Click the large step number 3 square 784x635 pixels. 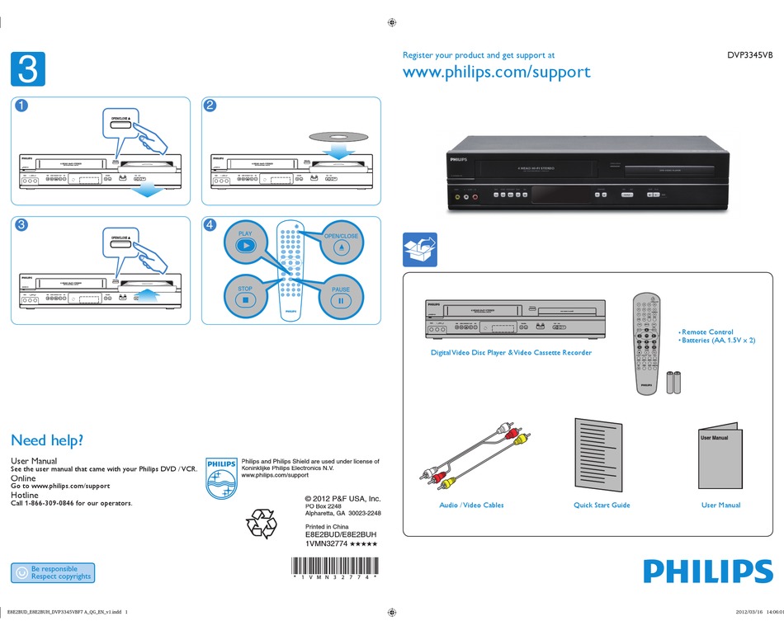click(27, 68)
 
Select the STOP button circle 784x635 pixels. click(245, 296)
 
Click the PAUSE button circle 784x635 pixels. click(341, 296)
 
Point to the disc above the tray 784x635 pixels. click(328, 136)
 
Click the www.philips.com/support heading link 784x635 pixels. click(496, 72)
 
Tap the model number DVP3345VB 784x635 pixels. click(749, 55)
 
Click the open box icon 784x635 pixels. click(419, 250)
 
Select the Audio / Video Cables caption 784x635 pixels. click(470, 505)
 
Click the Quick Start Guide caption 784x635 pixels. click(602, 505)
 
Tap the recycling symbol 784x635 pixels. click(262, 524)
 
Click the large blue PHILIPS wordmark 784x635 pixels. click(707, 571)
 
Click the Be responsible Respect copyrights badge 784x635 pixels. click(53, 572)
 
